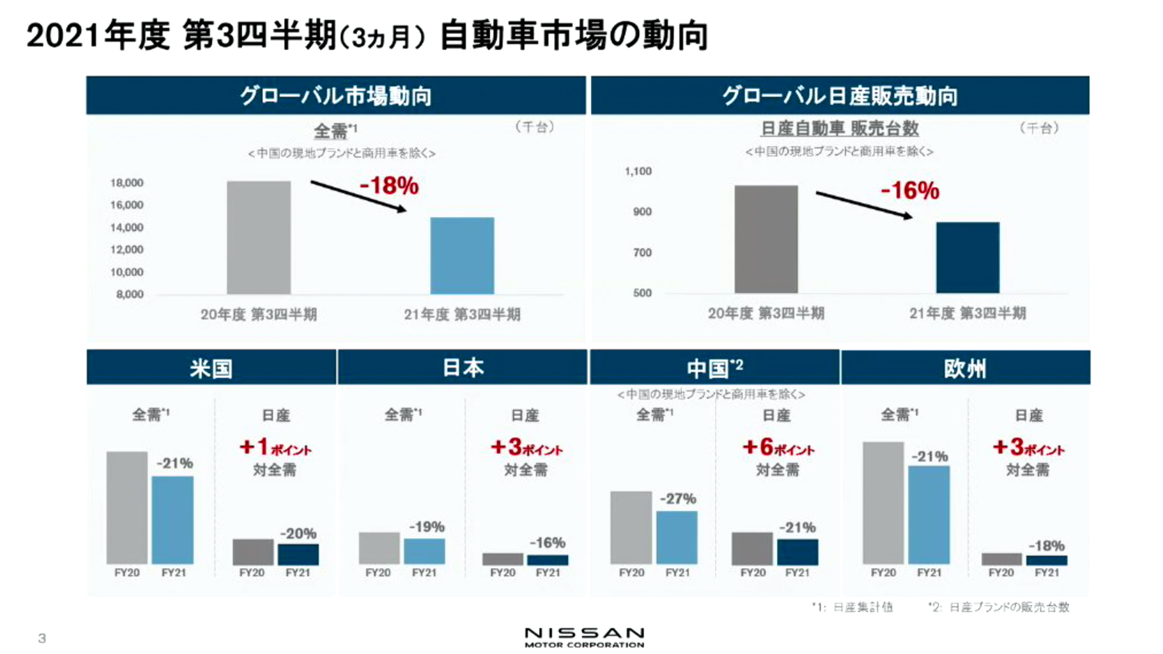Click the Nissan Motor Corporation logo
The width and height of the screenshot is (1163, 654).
[x=584, y=636]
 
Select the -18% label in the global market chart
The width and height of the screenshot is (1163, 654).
[x=389, y=185]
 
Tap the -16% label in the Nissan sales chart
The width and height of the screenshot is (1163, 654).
[x=910, y=190]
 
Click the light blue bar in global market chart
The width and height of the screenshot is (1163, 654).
[x=462, y=256]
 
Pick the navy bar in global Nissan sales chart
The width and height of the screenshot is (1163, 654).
[x=967, y=257]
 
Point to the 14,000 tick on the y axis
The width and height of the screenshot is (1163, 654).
[x=127, y=228]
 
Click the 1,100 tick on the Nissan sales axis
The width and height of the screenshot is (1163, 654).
[x=638, y=171]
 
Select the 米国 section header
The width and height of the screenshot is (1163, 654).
[x=211, y=368]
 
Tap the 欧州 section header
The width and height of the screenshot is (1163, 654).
[x=965, y=368]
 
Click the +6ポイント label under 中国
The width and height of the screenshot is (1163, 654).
[x=778, y=448]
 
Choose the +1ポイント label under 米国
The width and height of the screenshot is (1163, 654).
[x=275, y=448]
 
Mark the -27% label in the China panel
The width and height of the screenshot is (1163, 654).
[x=678, y=499]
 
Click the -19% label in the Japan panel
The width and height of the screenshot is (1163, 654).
[x=426, y=527]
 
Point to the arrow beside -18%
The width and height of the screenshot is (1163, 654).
[x=359, y=196]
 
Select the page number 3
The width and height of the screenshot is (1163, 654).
[x=42, y=638]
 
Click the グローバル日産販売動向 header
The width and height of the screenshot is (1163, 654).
[x=840, y=96]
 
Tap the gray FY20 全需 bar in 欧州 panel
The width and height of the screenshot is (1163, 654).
[x=883, y=503]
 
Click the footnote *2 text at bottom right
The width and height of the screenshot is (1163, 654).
[x=999, y=607]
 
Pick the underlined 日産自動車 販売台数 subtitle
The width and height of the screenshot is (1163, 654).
[x=840, y=128]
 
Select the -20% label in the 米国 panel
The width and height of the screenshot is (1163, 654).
[x=298, y=533]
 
